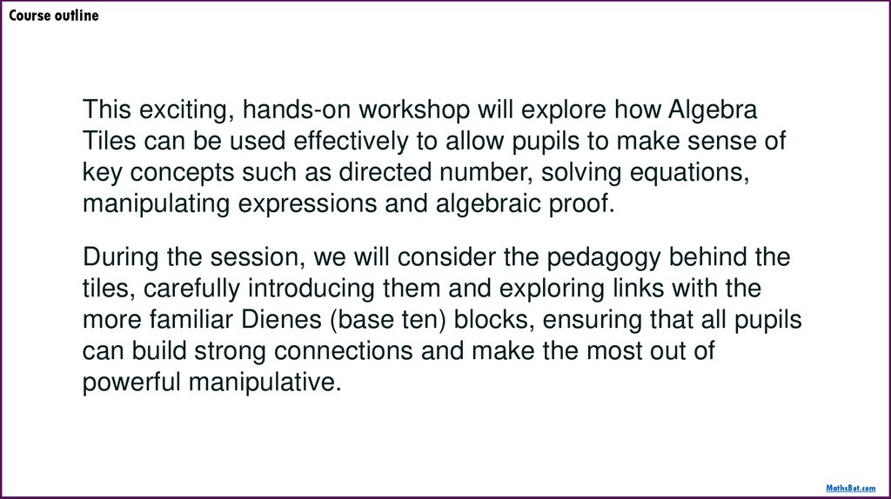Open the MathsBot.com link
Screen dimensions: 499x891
849,489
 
